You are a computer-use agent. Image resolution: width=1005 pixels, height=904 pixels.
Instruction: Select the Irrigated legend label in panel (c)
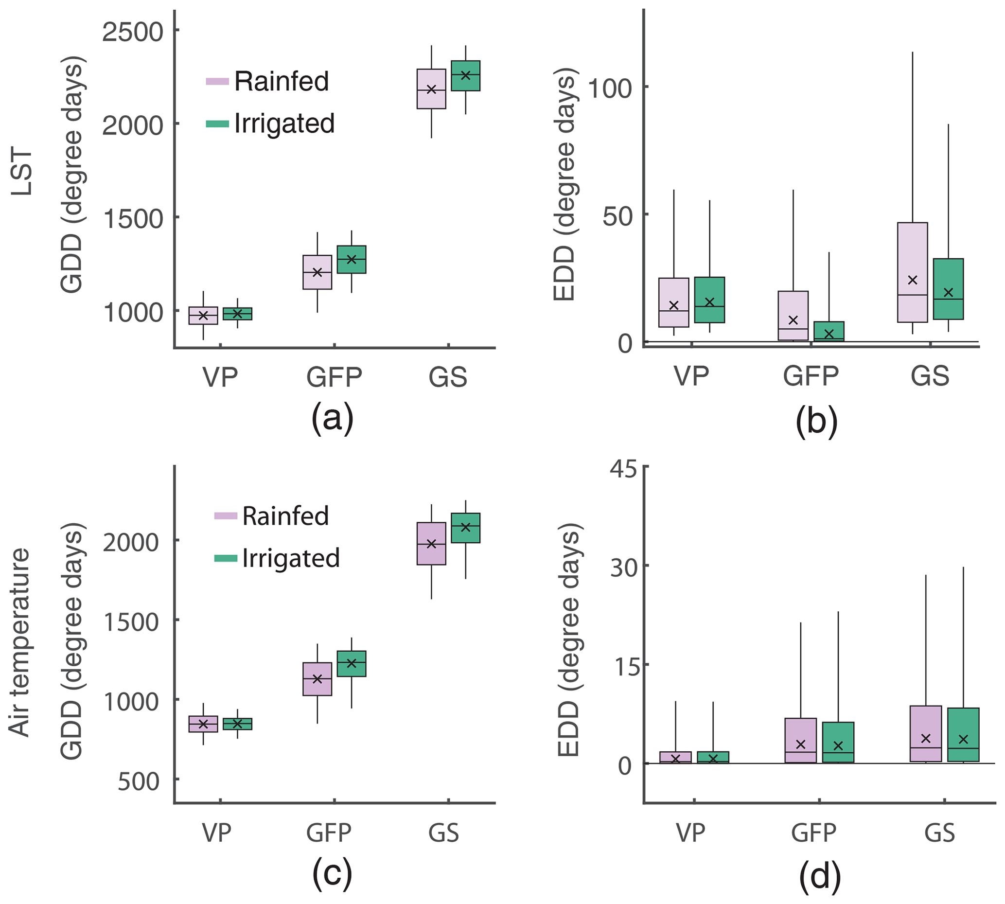290,558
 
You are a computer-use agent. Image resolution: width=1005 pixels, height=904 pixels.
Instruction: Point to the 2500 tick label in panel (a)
133,32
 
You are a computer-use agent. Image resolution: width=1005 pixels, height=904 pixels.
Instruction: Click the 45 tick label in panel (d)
623,468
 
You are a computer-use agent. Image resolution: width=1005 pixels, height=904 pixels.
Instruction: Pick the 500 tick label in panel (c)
139,782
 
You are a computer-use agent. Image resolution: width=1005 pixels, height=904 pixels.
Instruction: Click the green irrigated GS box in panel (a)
465,76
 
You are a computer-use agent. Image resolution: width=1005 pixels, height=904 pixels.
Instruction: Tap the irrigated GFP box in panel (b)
828,331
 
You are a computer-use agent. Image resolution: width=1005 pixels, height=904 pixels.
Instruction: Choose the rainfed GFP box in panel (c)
317,678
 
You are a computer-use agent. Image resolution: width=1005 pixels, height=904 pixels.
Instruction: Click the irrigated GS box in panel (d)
963,735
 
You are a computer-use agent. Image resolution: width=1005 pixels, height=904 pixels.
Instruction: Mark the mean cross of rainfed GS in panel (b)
912,280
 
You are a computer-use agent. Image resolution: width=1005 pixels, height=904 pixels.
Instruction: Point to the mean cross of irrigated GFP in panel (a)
352,259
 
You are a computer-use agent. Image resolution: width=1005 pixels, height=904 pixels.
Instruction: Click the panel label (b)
816,420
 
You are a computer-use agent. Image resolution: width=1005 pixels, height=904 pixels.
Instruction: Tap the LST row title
22,172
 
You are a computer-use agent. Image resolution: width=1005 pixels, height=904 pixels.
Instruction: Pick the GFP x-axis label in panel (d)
813,833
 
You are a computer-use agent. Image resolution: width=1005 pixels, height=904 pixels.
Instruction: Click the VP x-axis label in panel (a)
220,377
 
